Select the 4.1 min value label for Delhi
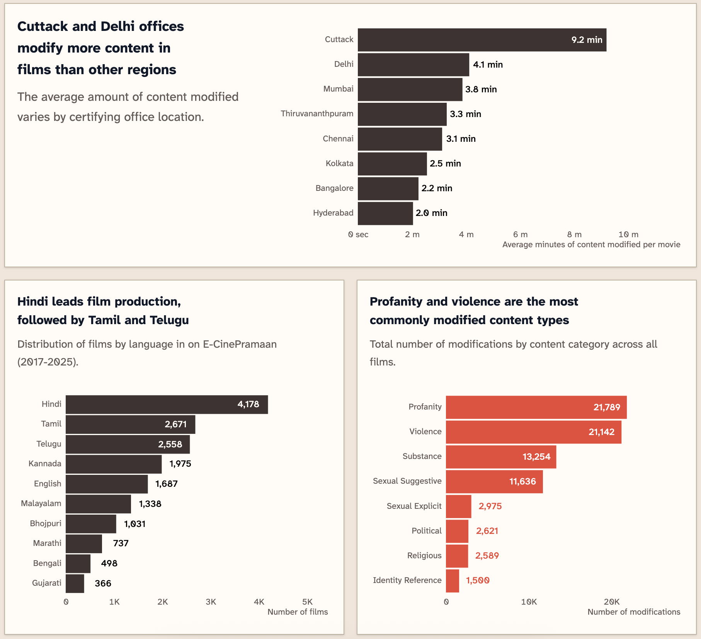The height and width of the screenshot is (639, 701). pyautogui.click(x=488, y=65)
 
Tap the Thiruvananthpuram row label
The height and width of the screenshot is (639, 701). pyautogui.click(x=317, y=114)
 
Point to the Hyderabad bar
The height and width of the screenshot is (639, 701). pyautogui.click(x=385, y=213)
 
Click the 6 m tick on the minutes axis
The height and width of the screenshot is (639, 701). pyautogui.click(x=520, y=235)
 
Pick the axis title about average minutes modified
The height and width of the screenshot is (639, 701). pyautogui.click(x=591, y=245)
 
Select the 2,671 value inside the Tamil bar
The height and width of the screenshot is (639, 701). pyautogui.click(x=175, y=424)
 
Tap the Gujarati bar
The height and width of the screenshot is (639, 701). pyautogui.click(x=75, y=583)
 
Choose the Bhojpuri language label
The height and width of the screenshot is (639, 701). pyautogui.click(x=46, y=523)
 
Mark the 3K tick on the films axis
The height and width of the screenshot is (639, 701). pyautogui.click(x=211, y=602)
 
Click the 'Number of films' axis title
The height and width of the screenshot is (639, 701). pyautogui.click(x=298, y=612)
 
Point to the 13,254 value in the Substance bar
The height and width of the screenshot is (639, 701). pyautogui.click(x=536, y=457)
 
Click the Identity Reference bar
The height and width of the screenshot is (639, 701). pyautogui.click(x=452, y=581)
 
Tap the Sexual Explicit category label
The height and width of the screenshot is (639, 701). pyautogui.click(x=414, y=506)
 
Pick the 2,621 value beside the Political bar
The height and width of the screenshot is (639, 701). pyautogui.click(x=487, y=531)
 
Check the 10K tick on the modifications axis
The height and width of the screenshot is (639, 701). pyautogui.click(x=528, y=602)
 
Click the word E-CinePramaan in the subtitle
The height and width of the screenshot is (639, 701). pyautogui.click(x=240, y=344)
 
